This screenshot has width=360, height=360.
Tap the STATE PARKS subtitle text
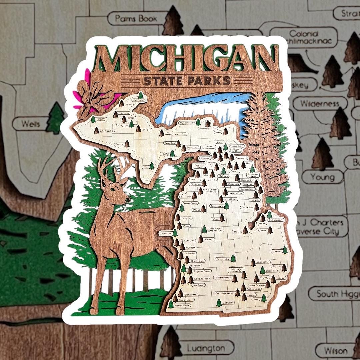click(187, 81)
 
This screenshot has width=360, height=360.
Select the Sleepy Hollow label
click(223, 259)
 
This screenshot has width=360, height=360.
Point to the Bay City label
click(237, 231)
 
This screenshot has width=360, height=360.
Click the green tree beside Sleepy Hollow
click(233, 258)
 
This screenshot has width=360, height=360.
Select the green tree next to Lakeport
click(285, 250)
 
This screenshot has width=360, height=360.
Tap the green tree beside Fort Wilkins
click(141, 95)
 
